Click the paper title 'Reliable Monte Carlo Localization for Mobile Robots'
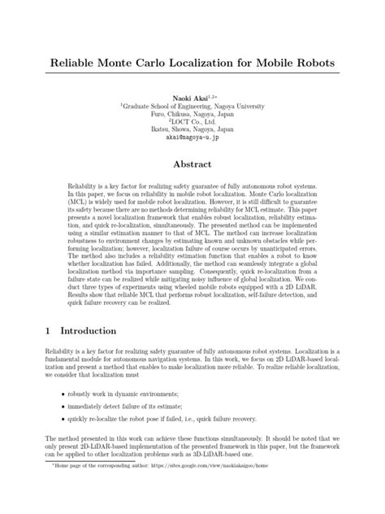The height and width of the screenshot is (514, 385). coord(192,63)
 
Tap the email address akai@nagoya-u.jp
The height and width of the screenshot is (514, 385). coord(192,137)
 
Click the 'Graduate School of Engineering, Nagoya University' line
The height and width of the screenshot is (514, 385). coord(193,105)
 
